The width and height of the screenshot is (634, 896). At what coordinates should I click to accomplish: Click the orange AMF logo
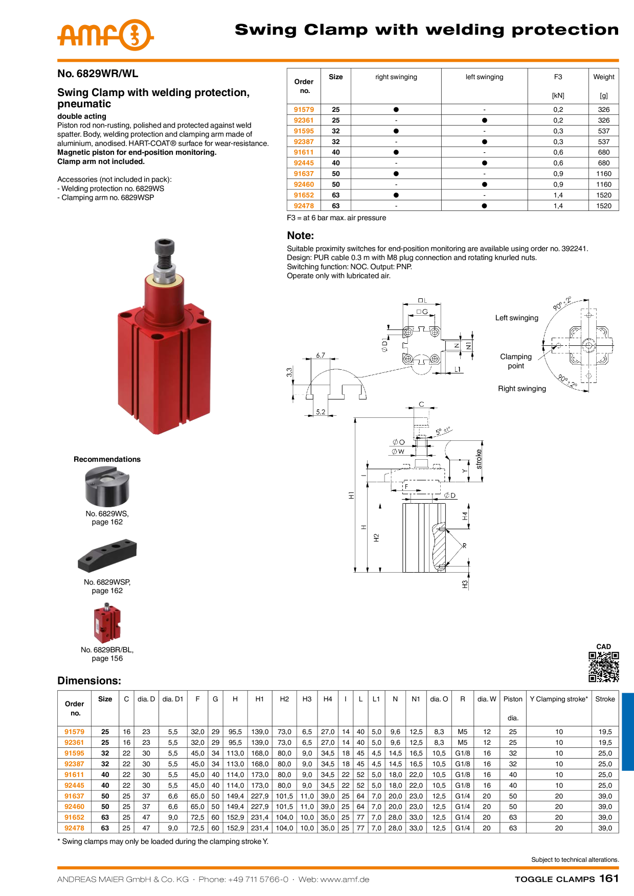[x=105, y=35]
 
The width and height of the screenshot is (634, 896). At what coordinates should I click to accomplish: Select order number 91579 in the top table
[x=304, y=109]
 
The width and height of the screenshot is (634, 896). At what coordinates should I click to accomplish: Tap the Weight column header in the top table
[x=604, y=77]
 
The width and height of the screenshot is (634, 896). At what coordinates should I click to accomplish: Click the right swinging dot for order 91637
[x=396, y=174]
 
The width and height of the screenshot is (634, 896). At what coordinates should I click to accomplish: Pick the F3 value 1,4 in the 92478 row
[x=558, y=206]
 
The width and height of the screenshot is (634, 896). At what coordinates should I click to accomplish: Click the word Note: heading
[x=301, y=235]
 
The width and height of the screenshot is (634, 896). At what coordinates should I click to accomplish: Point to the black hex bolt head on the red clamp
[x=164, y=246]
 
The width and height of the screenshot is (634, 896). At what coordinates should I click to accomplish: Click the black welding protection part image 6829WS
[x=107, y=486]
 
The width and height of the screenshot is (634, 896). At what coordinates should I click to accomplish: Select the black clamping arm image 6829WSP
[x=107, y=555]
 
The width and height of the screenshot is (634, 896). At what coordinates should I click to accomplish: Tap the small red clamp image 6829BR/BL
[x=107, y=623]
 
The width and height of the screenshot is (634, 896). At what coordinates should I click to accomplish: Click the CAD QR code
[x=604, y=667]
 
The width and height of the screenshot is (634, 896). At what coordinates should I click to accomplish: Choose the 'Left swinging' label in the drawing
[x=516, y=318]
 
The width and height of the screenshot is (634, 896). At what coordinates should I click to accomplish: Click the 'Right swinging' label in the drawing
[x=522, y=388]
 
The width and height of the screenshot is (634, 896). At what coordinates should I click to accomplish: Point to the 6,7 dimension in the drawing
[x=321, y=355]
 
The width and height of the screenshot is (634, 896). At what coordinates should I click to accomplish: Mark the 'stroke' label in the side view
[x=479, y=459]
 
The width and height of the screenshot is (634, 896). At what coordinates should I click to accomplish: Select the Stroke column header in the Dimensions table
[x=605, y=699]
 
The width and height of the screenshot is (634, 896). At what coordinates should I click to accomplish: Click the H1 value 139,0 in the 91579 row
[x=260, y=732]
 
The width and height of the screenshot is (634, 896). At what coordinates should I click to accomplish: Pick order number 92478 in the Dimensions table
[x=74, y=828]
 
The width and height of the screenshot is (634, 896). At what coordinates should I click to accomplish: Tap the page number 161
[x=609, y=878]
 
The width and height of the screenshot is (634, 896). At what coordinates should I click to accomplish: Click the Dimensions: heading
[x=89, y=680]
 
